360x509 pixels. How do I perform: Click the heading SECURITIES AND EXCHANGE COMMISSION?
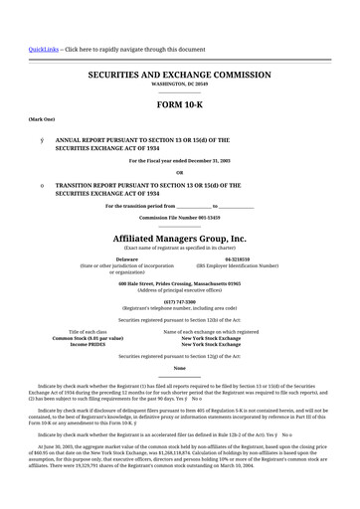180,75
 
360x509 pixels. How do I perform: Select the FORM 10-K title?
180,104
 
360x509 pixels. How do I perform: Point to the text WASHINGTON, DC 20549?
180,85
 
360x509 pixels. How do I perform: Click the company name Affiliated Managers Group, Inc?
180,240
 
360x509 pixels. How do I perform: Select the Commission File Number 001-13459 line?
180,217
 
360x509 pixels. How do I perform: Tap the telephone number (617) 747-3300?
180,300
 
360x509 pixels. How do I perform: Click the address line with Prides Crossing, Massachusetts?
180,283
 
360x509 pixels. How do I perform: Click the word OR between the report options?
180,172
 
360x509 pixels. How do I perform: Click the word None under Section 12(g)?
180,368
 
